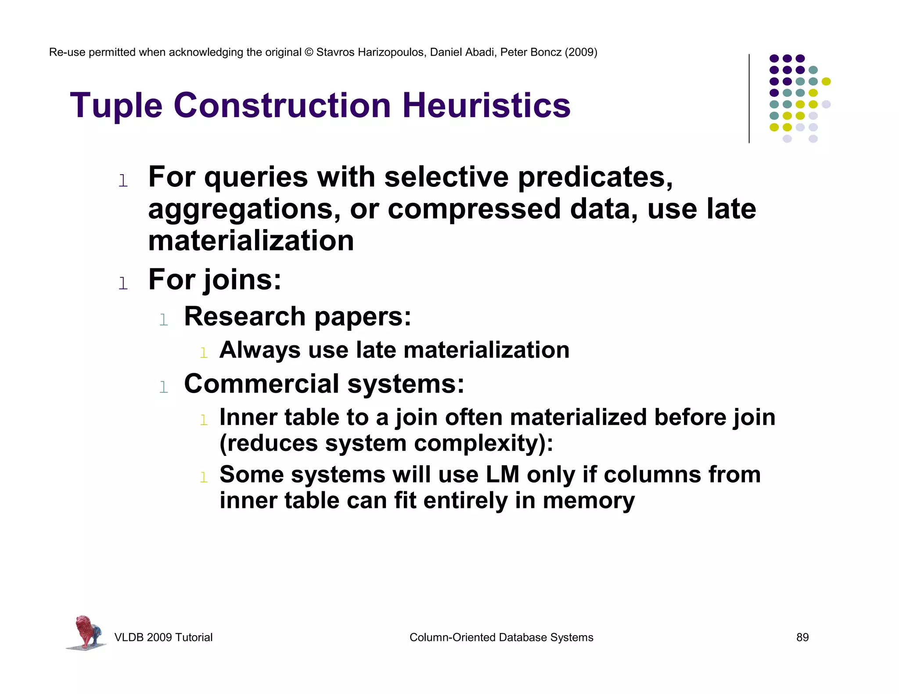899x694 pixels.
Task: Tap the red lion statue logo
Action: pyautogui.click(x=87, y=632)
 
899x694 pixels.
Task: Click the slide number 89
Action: pyautogui.click(x=802, y=637)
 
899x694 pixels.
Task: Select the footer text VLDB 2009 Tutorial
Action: pyautogui.click(x=163, y=637)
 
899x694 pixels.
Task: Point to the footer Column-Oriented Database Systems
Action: pyautogui.click(x=501, y=637)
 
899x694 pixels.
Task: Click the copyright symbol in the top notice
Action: pyautogui.click(x=309, y=52)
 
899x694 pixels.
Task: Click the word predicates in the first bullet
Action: pyautogui.click(x=595, y=177)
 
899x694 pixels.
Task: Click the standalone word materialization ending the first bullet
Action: pyautogui.click(x=251, y=241)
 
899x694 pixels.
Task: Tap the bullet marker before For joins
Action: pyautogui.click(x=123, y=283)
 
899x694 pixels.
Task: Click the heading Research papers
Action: pyautogui.click(x=298, y=316)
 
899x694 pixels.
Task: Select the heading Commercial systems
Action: pyautogui.click(x=324, y=384)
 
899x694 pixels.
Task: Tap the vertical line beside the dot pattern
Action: pyautogui.click(x=749, y=98)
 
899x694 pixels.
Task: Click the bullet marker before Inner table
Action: pyautogui.click(x=204, y=420)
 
